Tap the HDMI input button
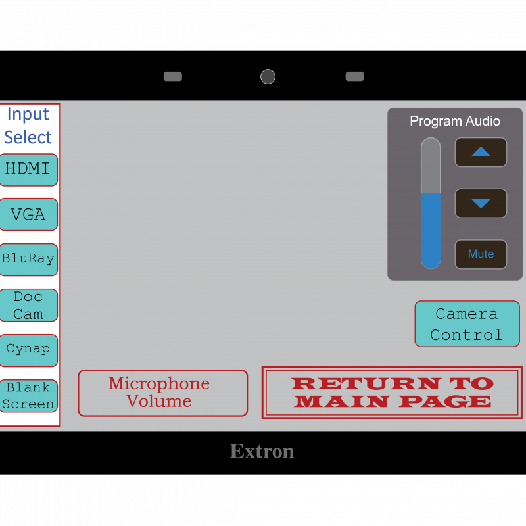(x=28, y=170)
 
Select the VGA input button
(x=28, y=214)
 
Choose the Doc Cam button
(x=28, y=305)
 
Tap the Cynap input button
(x=28, y=350)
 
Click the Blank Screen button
(x=28, y=396)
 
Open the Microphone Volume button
(x=162, y=393)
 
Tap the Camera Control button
(x=466, y=324)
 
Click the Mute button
(x=481, y=254)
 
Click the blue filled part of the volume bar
(x=431, y=230)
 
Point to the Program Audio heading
(x=455, y=121)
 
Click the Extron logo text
(x=262, y=452)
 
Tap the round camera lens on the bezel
(x=268, y=76)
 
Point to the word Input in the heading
(x=28, y=114)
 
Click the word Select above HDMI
(x=28, y=137)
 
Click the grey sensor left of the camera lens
(x=173, y=76)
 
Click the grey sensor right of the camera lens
(x=354, y=76)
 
